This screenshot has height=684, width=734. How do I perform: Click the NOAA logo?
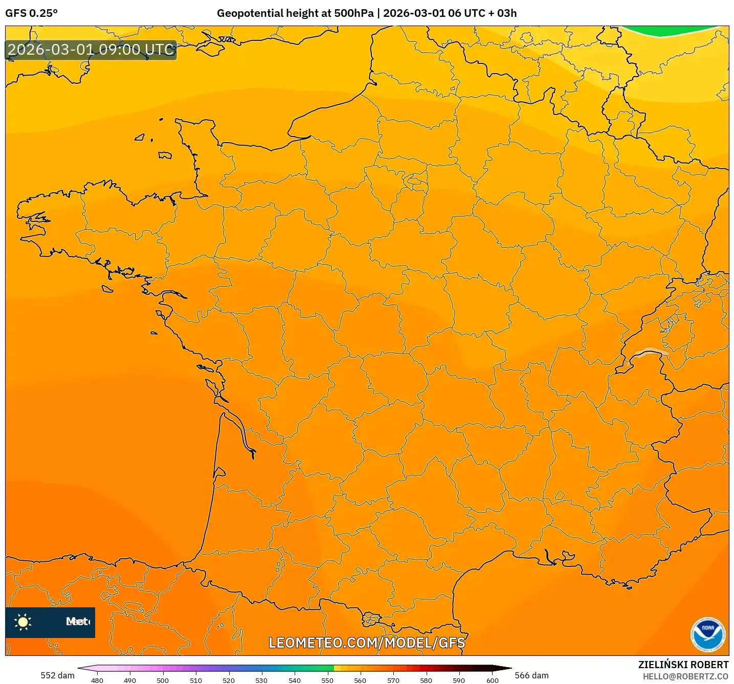(708, 635)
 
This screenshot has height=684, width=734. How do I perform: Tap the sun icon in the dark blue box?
(23, 622)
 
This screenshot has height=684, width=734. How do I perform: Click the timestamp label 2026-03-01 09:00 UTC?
(91, 50)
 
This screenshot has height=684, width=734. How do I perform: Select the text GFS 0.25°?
(31, 13)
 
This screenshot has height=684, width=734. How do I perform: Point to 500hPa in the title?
(354, 13)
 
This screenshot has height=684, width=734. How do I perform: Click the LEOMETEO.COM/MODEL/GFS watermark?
(367, 643)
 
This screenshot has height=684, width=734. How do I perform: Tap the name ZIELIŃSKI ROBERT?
(683, 665)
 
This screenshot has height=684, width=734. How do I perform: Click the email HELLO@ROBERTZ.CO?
(685, 676)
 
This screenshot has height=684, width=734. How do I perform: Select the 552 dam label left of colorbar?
(57, 675)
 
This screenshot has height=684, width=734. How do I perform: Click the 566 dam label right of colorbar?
(531, 675)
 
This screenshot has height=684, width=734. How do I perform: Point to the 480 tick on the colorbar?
(97, 680)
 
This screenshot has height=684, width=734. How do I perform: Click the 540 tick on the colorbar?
(295, 680)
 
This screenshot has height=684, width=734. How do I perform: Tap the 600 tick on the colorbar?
(492, 680)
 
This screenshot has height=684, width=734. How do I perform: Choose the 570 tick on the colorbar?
(393, 680)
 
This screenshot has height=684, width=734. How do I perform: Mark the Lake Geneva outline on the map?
(648, 352)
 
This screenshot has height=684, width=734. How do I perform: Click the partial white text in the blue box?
(77, 622)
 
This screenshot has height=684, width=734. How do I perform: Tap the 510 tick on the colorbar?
(196, 680)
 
